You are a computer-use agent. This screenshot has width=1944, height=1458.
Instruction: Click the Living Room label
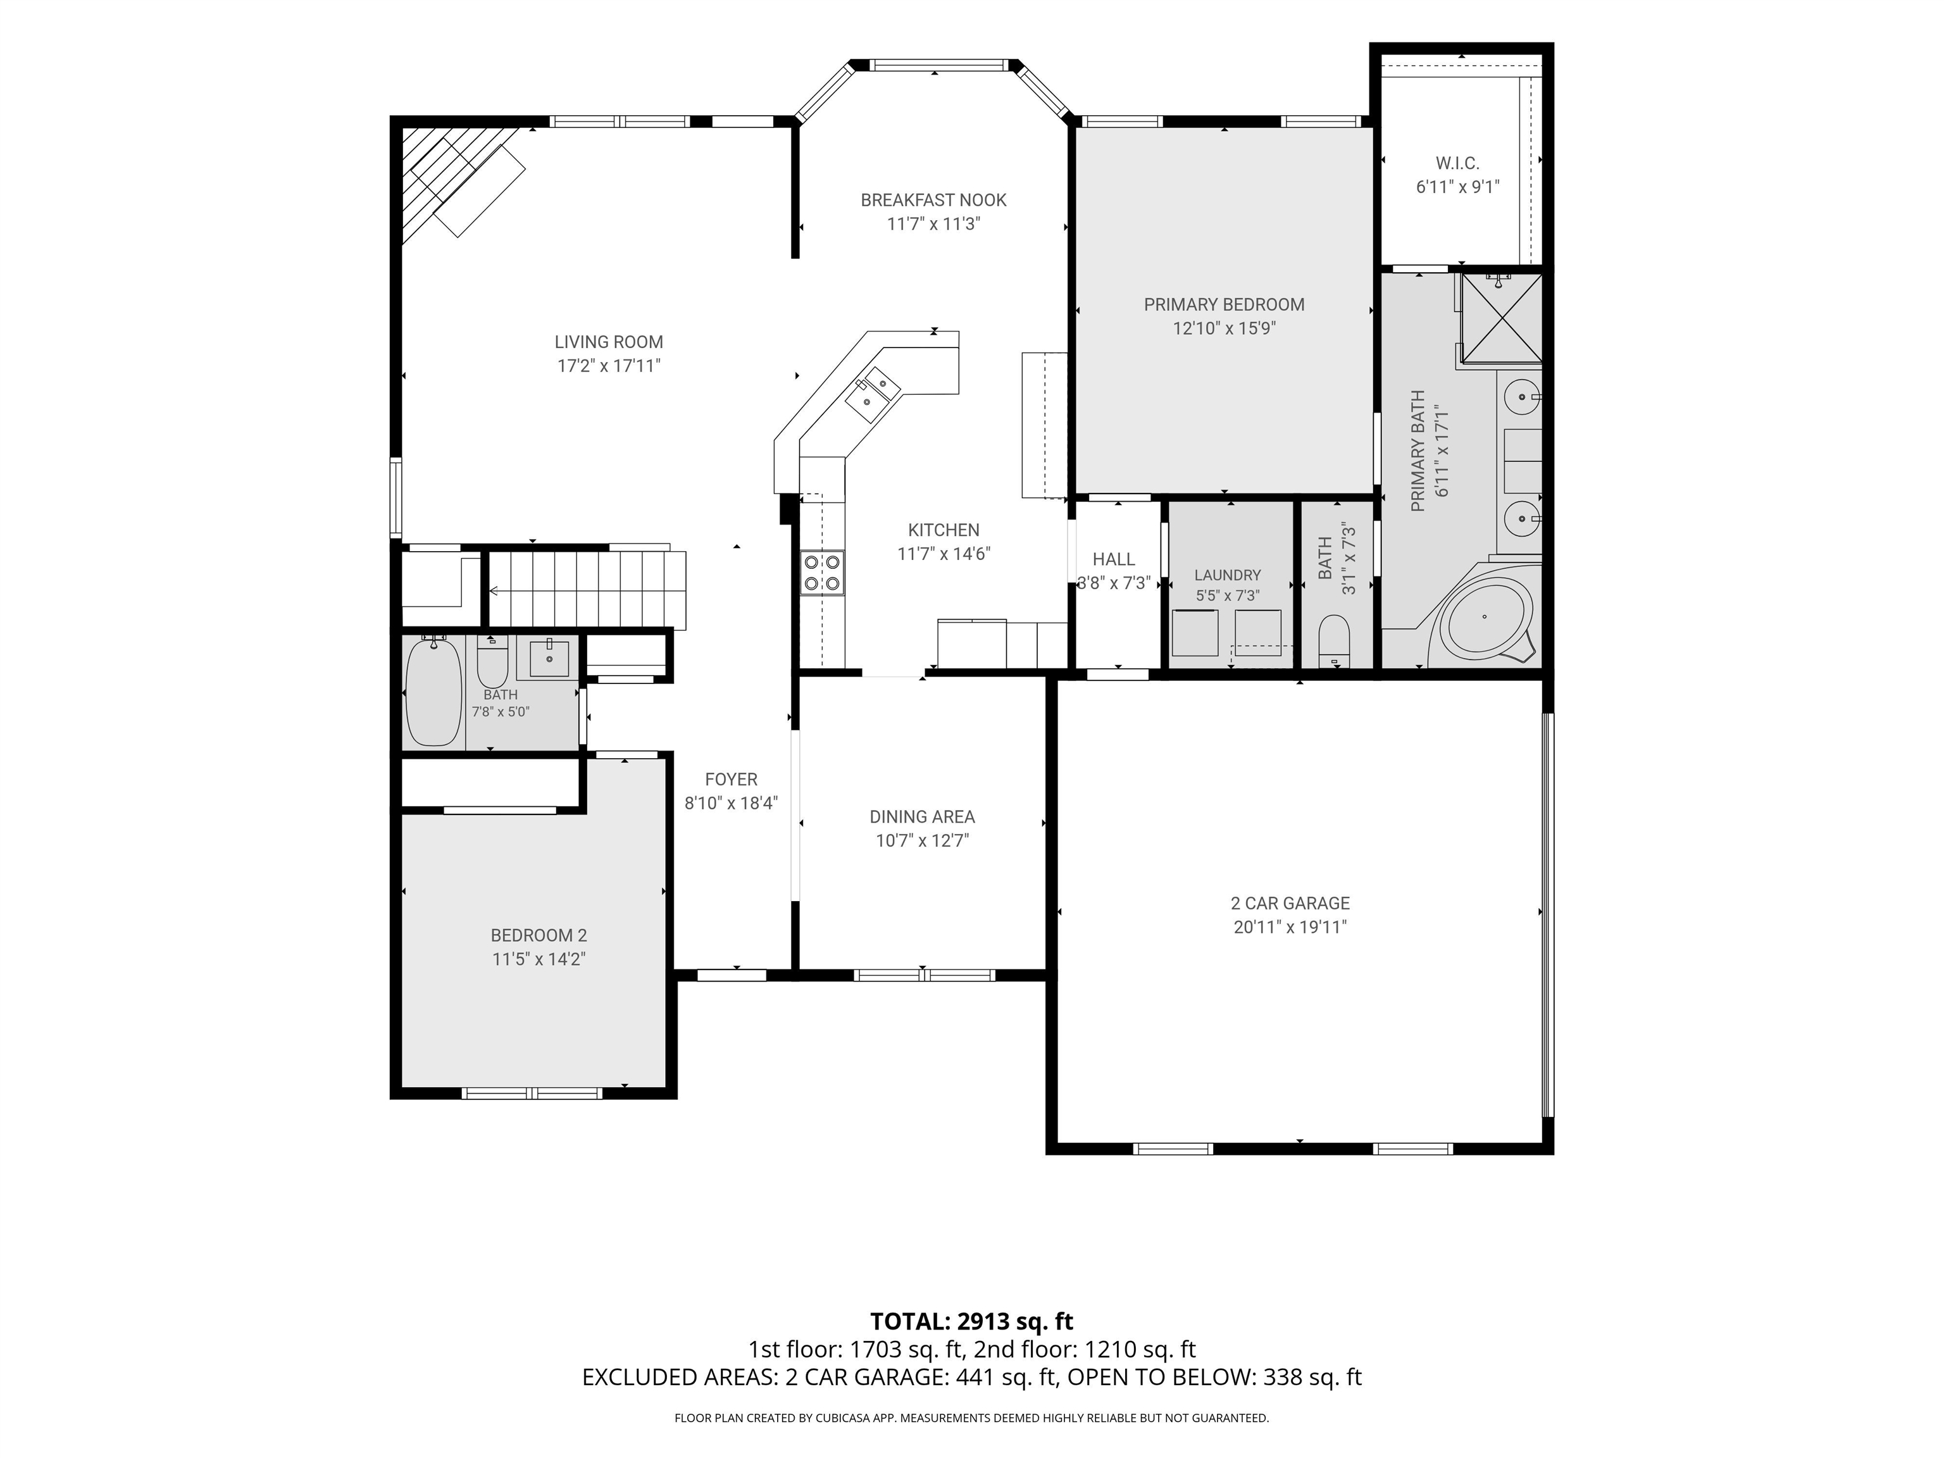pos(608,342)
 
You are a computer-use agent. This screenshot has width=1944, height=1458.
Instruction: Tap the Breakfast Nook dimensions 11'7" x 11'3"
pos(933,224)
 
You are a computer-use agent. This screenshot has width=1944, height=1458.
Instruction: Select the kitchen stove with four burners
pos(822,572)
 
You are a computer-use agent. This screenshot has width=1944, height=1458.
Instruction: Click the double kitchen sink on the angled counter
pos(873,394)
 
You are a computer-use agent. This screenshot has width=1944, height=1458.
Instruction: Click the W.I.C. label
pos(1457,163)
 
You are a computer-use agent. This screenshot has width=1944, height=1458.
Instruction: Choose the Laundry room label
pos(1228,575)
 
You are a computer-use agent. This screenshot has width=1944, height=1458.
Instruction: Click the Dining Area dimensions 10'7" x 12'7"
pos(922,841)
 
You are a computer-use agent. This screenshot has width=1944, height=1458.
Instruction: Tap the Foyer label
pos(731,780)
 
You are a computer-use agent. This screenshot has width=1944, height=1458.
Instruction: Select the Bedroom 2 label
pos(539,936)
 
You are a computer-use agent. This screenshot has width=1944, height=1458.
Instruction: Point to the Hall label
pos(1114,559)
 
